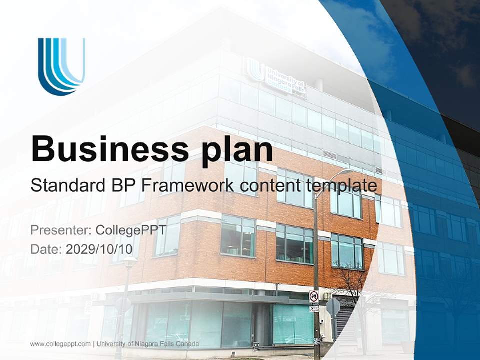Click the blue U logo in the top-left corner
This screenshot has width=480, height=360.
point(61,66)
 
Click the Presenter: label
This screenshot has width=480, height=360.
point(61,230)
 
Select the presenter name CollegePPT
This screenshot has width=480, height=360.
point(129,230)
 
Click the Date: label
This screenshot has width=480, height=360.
point(46,249)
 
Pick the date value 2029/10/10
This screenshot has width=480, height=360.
point(102,249)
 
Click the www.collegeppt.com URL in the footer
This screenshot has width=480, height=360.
point(60,344)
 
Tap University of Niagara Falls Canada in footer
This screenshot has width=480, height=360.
point(148,344)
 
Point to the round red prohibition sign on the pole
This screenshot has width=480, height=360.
point(313,296)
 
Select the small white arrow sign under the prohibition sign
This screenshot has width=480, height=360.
point(313,308)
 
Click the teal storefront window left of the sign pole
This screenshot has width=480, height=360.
point(292,322)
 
